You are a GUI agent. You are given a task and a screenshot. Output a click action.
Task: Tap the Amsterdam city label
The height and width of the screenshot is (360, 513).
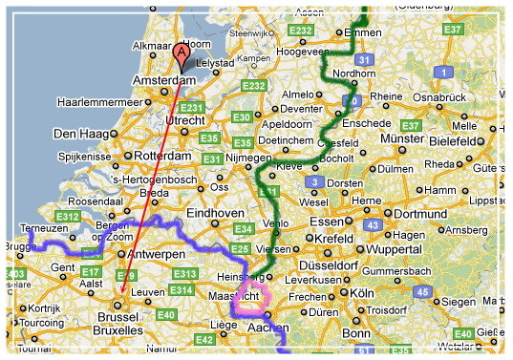pyautogui.click(x=164, y=81)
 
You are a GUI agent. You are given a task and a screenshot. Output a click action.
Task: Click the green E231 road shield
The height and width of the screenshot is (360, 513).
pyautogui.click(x=192, y=108)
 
